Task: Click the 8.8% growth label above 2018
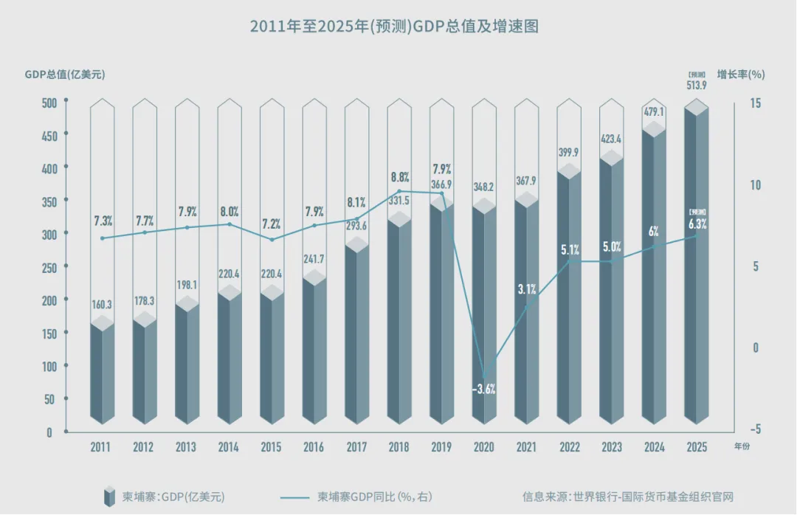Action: [x=399, y=177]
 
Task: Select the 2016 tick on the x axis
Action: [x=314, y=447]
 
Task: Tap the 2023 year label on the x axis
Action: [x=611, y=447]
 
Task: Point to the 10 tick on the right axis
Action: [x=754, y=185]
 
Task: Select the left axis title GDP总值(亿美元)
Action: [x=65, y=75]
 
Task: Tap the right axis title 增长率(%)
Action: [x=740, y=75]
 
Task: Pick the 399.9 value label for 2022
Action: [x=569, y=152]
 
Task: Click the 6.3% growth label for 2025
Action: [x=697, y=224]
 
